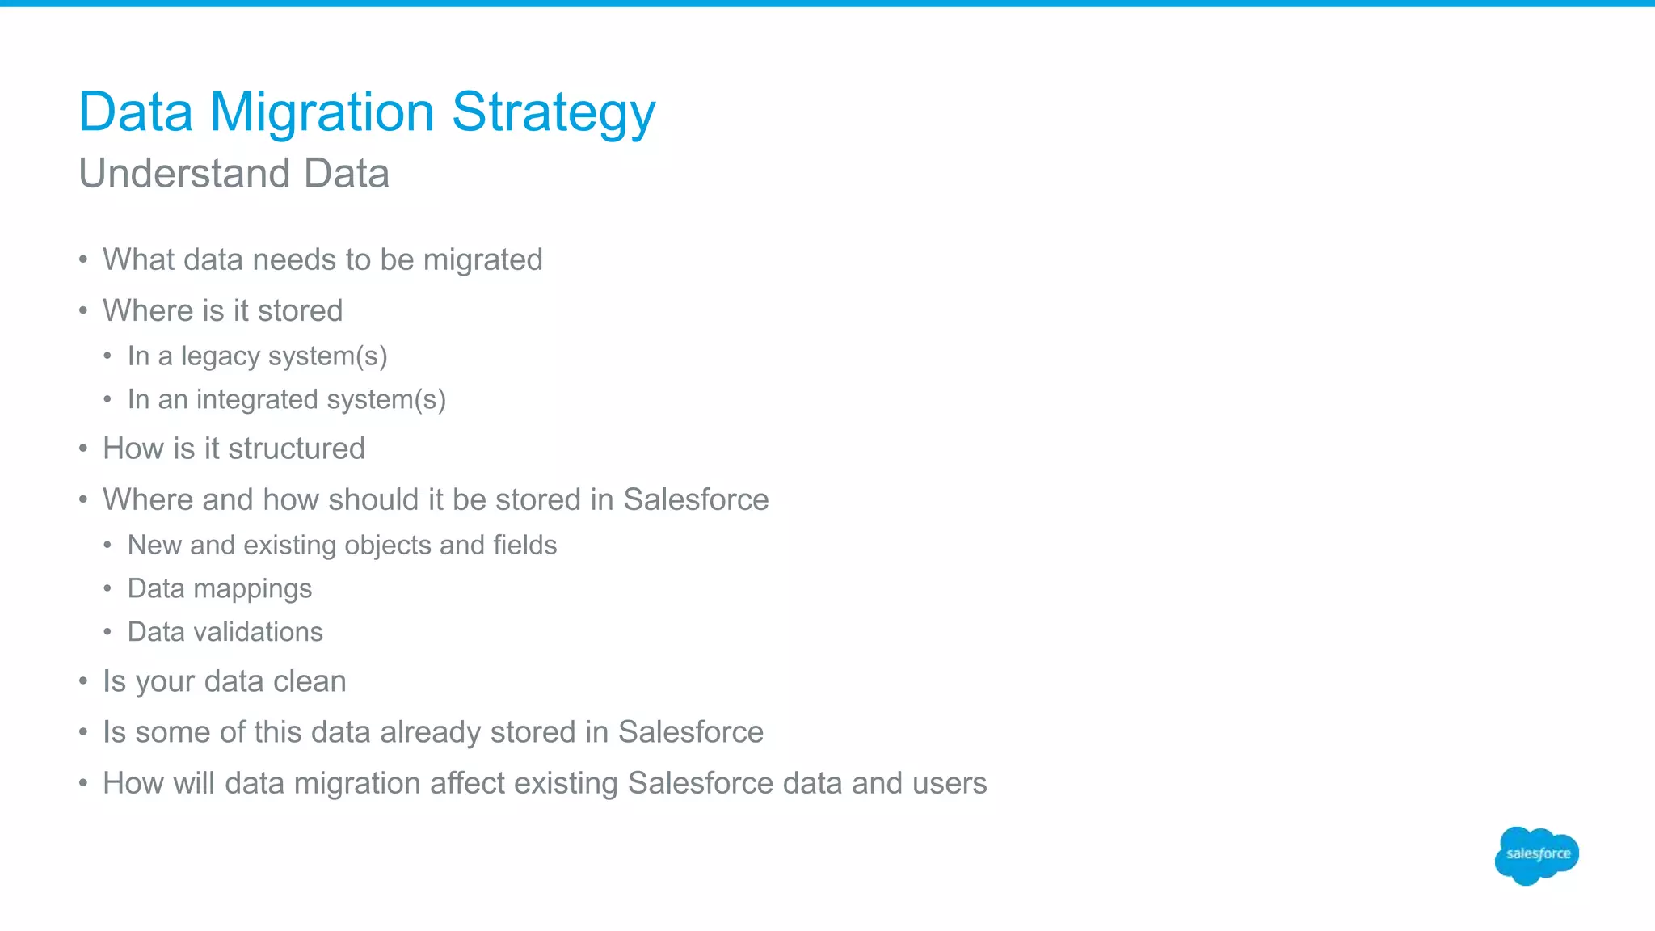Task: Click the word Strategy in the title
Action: tap(554, 113)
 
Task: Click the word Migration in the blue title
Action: tap(322, 113)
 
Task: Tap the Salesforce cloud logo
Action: tap(1537, 854)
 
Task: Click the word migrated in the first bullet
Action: tap(482, 260)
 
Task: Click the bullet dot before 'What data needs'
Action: tap(83, 260)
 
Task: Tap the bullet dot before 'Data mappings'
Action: tap(107, 589)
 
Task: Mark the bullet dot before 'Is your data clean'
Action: tap(83, 682)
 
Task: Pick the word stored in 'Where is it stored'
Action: tap(300, 311)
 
